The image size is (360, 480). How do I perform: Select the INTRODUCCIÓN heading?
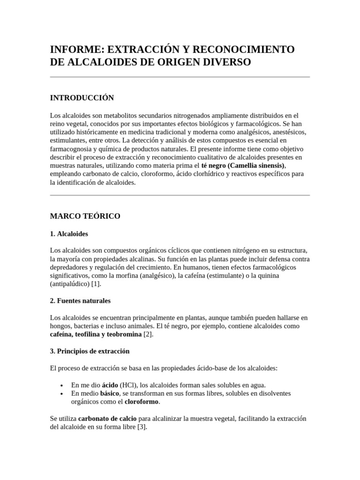pyautogui.click(x=82, y=97)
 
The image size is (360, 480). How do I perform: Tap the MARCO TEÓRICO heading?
pyautogui.click(x=85, y=216)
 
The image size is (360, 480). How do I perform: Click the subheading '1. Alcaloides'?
pyautogui.click(x=69, y=233)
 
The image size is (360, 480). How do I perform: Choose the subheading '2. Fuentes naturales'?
pyautogui.click(x=80, y=300)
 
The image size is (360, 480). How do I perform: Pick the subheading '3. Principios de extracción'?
pyautogui.click(x=90, y=351)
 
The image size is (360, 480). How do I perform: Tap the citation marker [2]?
pyautogui.click(x=148, y=335)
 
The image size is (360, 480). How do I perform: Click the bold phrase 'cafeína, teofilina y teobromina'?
pyautogui.click(x=96, y=335)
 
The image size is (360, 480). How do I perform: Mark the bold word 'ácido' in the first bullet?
pyautogui.click(x=110, y=385)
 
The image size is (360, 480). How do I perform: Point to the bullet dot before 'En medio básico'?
pyautogui.click(x=62, y=394)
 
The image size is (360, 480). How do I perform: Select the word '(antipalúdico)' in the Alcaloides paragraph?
pyautogui.click(x=70, y=284)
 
